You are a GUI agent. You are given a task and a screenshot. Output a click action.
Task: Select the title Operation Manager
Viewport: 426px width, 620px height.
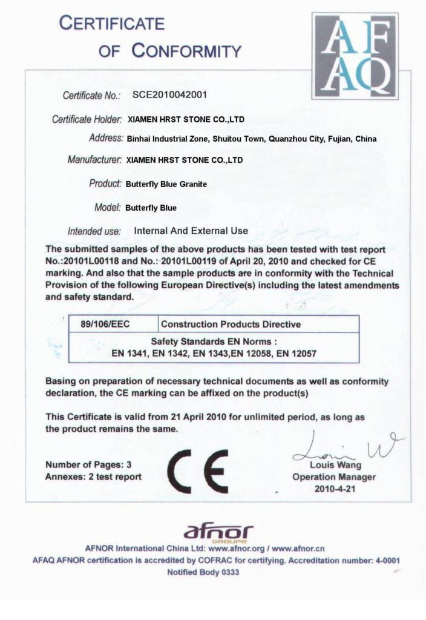coord(334,477)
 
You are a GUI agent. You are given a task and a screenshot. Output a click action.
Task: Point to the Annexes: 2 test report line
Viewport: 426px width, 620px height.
coord(94,477)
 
